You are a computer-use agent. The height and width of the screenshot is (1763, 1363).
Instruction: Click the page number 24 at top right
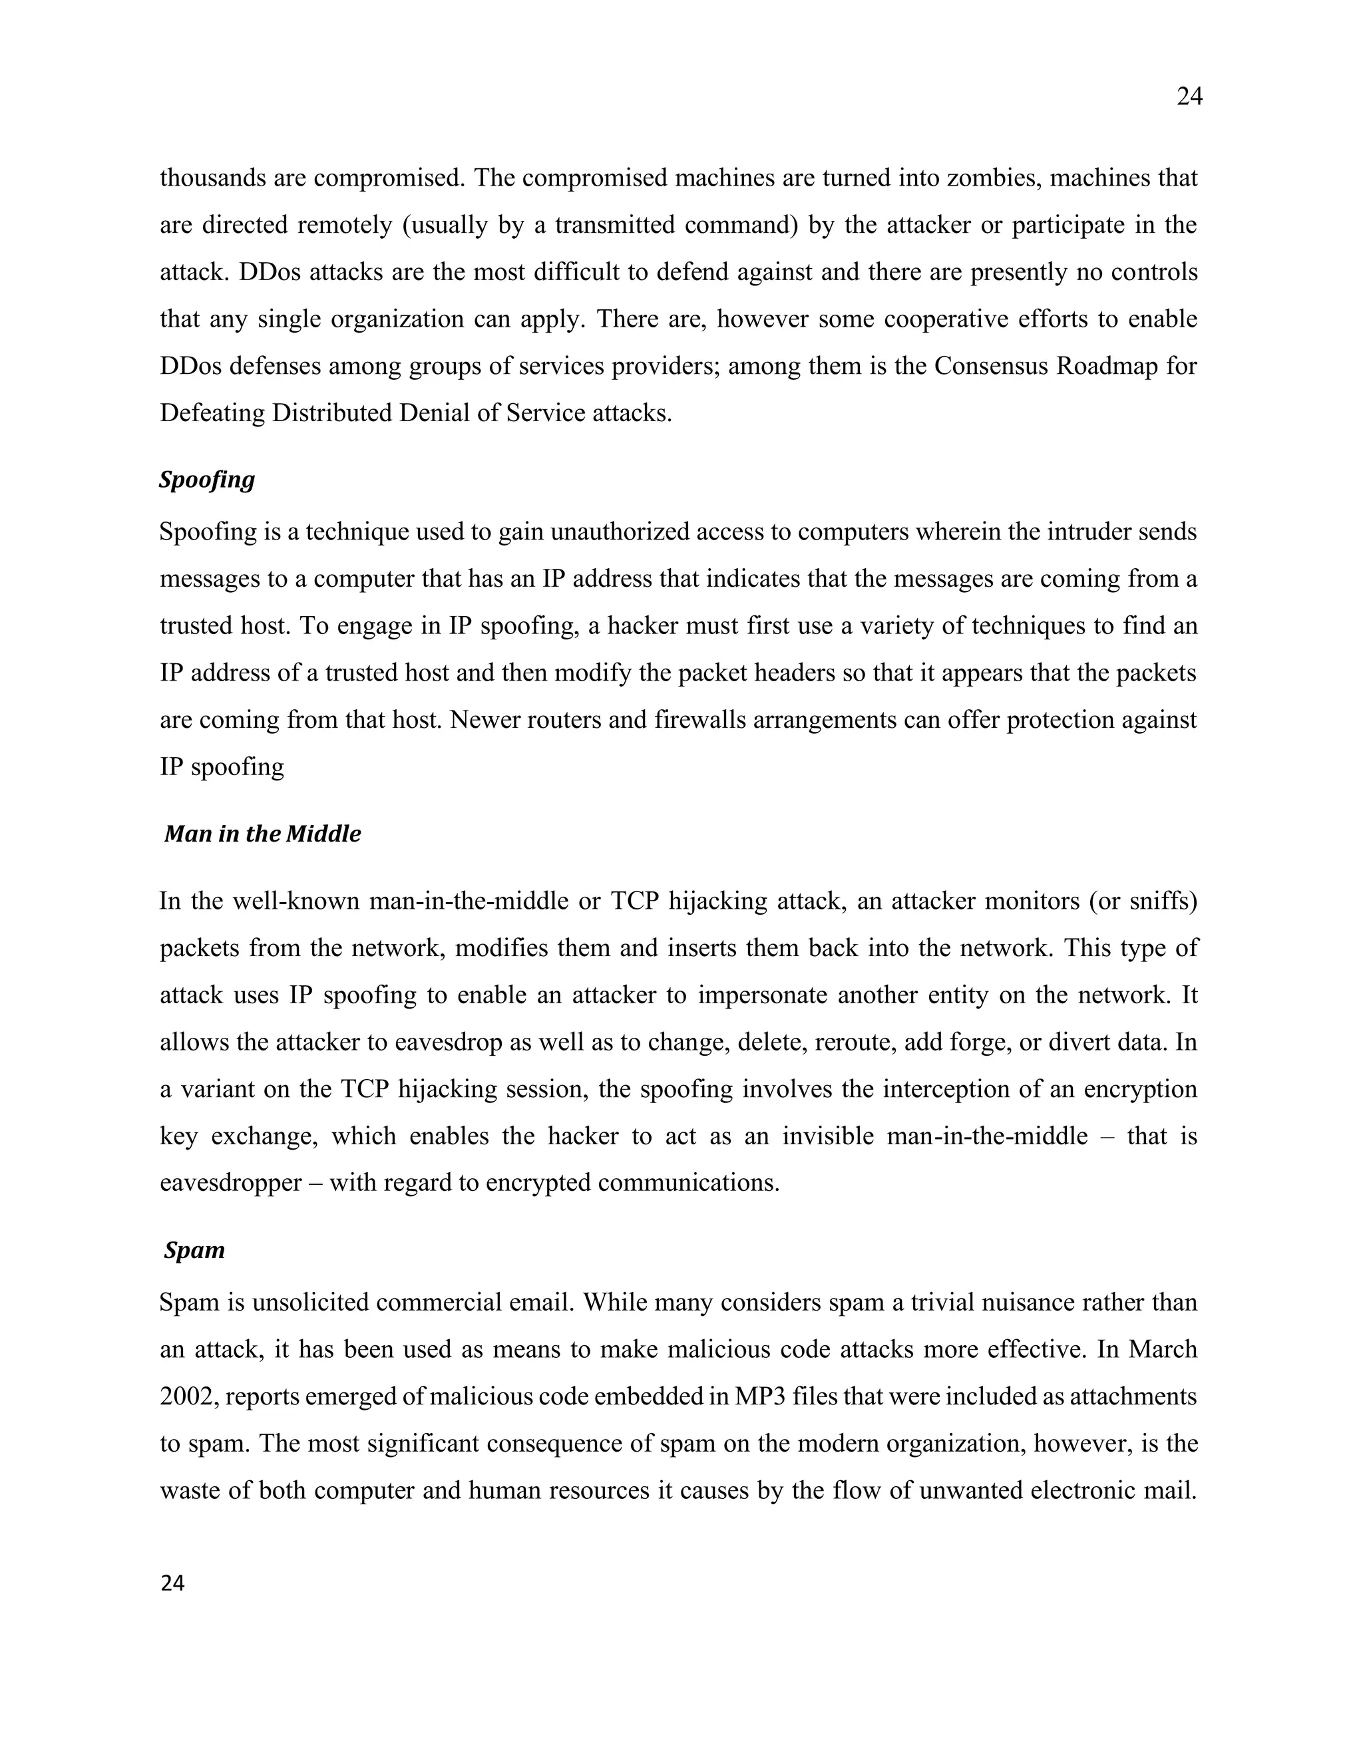tap(1189, 97)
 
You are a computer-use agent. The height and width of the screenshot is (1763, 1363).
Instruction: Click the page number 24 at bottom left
tap(173, 1584)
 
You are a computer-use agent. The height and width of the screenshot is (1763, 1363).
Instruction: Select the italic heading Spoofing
tap(207, 480)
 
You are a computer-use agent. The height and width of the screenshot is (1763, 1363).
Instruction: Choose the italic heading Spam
tap(194, 1251)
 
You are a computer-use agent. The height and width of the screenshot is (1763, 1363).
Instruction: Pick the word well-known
tap(295, 901)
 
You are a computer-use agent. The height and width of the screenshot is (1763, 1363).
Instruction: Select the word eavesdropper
tap(230, 1184)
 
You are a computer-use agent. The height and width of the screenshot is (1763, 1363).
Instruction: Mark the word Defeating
tap(212, 413)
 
